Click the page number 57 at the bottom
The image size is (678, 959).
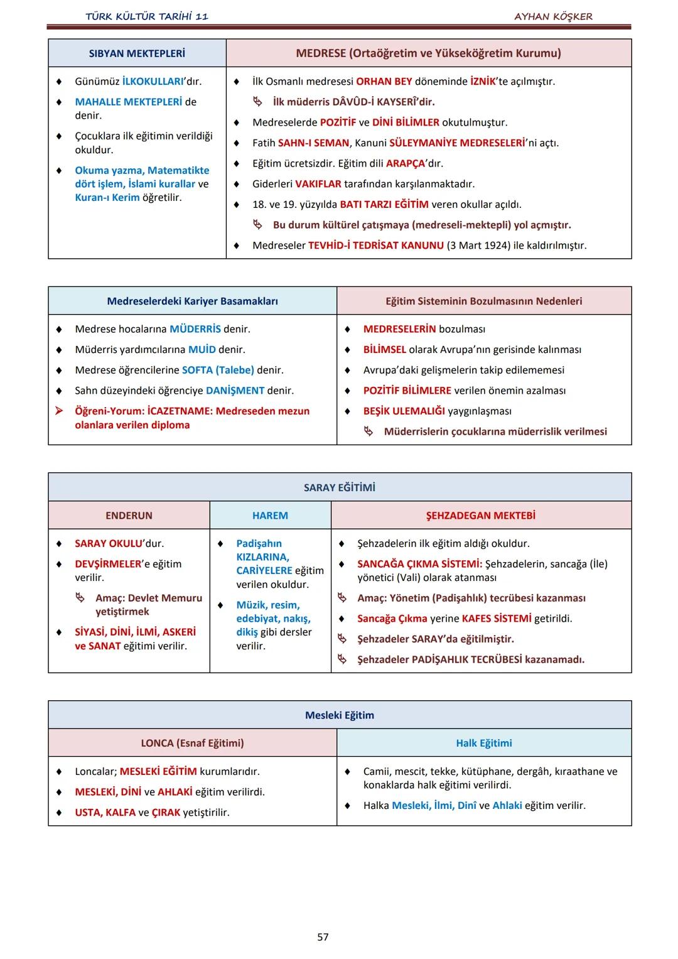323,937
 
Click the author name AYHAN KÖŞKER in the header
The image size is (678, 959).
553,16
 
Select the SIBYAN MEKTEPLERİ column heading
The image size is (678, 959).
137,53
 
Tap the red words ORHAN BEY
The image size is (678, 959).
384,82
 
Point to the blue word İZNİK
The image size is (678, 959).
483,82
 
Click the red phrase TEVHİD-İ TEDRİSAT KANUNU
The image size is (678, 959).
375,246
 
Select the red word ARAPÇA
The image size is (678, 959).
406,163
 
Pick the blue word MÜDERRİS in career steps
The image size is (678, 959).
195,329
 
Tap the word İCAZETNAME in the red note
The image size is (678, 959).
180,411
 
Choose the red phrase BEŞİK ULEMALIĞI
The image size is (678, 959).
404,411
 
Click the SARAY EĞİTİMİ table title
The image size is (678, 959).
340,487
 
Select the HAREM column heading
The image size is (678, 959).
270,516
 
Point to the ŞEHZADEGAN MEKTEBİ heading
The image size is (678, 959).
481,516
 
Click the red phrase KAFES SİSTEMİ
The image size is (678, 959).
497,619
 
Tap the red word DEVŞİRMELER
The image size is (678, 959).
108,564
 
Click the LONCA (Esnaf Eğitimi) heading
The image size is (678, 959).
192,743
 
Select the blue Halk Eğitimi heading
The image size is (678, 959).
483,743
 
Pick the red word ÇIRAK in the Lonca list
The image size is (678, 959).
166,813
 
